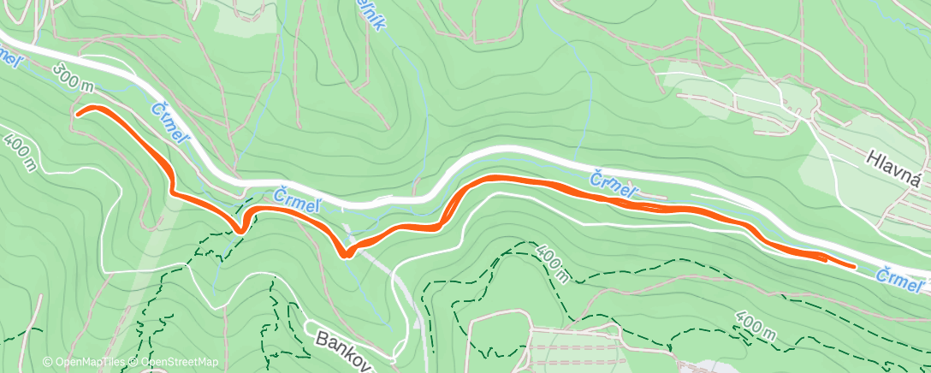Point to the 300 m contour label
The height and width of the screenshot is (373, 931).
(73, 79)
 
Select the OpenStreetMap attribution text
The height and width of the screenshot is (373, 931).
(175, 363)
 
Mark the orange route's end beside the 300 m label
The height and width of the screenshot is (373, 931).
(79, 112)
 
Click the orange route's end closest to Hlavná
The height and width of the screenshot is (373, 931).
(853, 266)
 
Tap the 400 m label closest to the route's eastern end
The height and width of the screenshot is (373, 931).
(756, 329)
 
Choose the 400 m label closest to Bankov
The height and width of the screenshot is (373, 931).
(552, 264)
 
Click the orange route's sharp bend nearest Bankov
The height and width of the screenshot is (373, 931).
(344, 252)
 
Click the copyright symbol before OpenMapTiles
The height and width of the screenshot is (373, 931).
(48, 363)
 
